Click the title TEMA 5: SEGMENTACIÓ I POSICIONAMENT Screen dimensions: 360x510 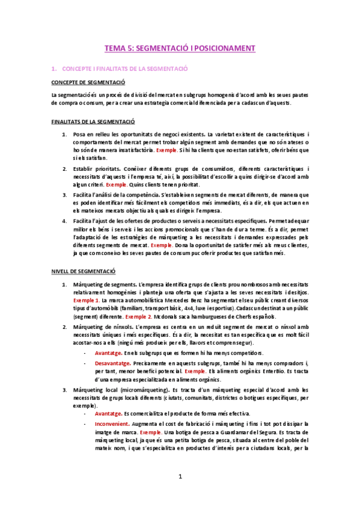180,48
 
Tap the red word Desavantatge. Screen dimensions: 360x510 114,363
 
